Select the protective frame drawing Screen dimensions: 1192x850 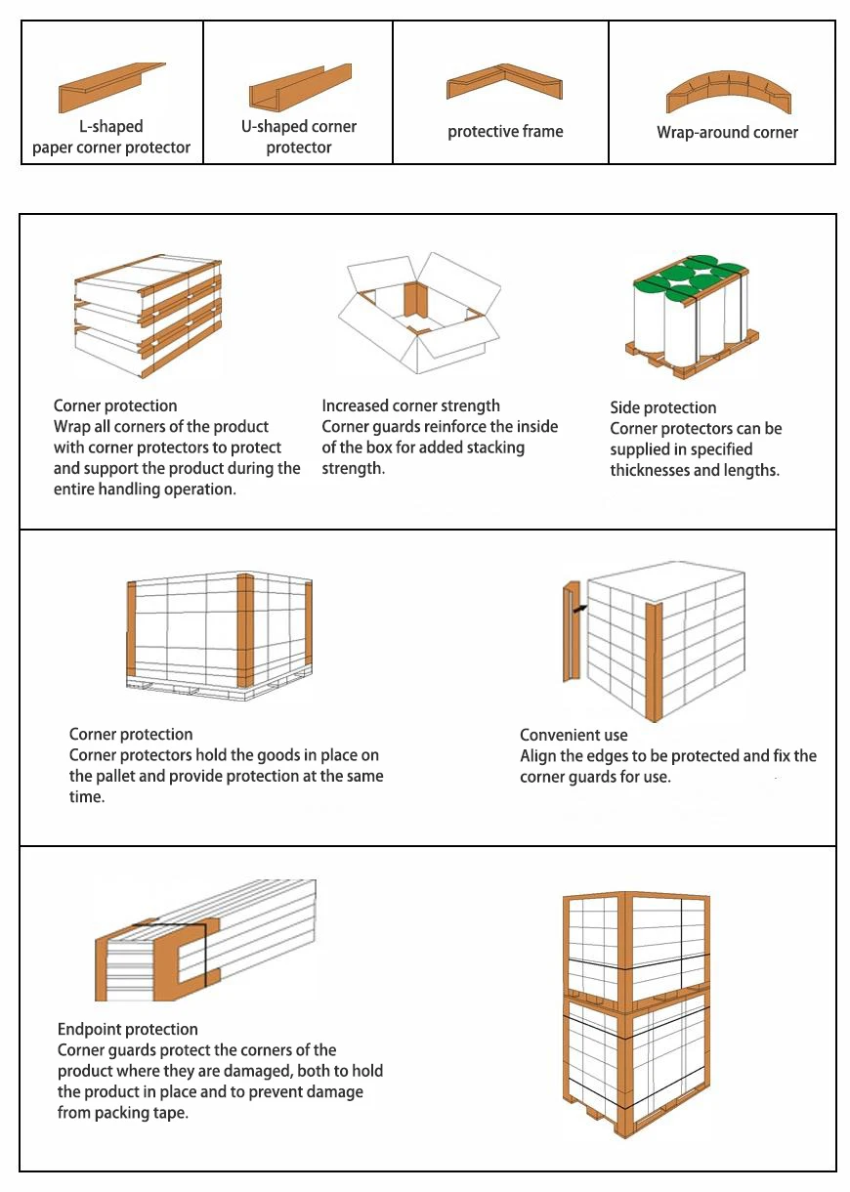504,83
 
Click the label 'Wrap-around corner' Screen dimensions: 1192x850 727,132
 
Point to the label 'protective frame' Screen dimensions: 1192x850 505,131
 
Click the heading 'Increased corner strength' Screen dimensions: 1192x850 410,405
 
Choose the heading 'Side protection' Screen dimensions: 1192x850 662,407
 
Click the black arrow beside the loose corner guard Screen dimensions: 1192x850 580,608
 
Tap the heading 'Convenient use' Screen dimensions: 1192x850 574,735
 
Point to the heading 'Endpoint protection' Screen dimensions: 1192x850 127,1029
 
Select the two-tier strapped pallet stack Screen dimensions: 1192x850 636,1011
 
